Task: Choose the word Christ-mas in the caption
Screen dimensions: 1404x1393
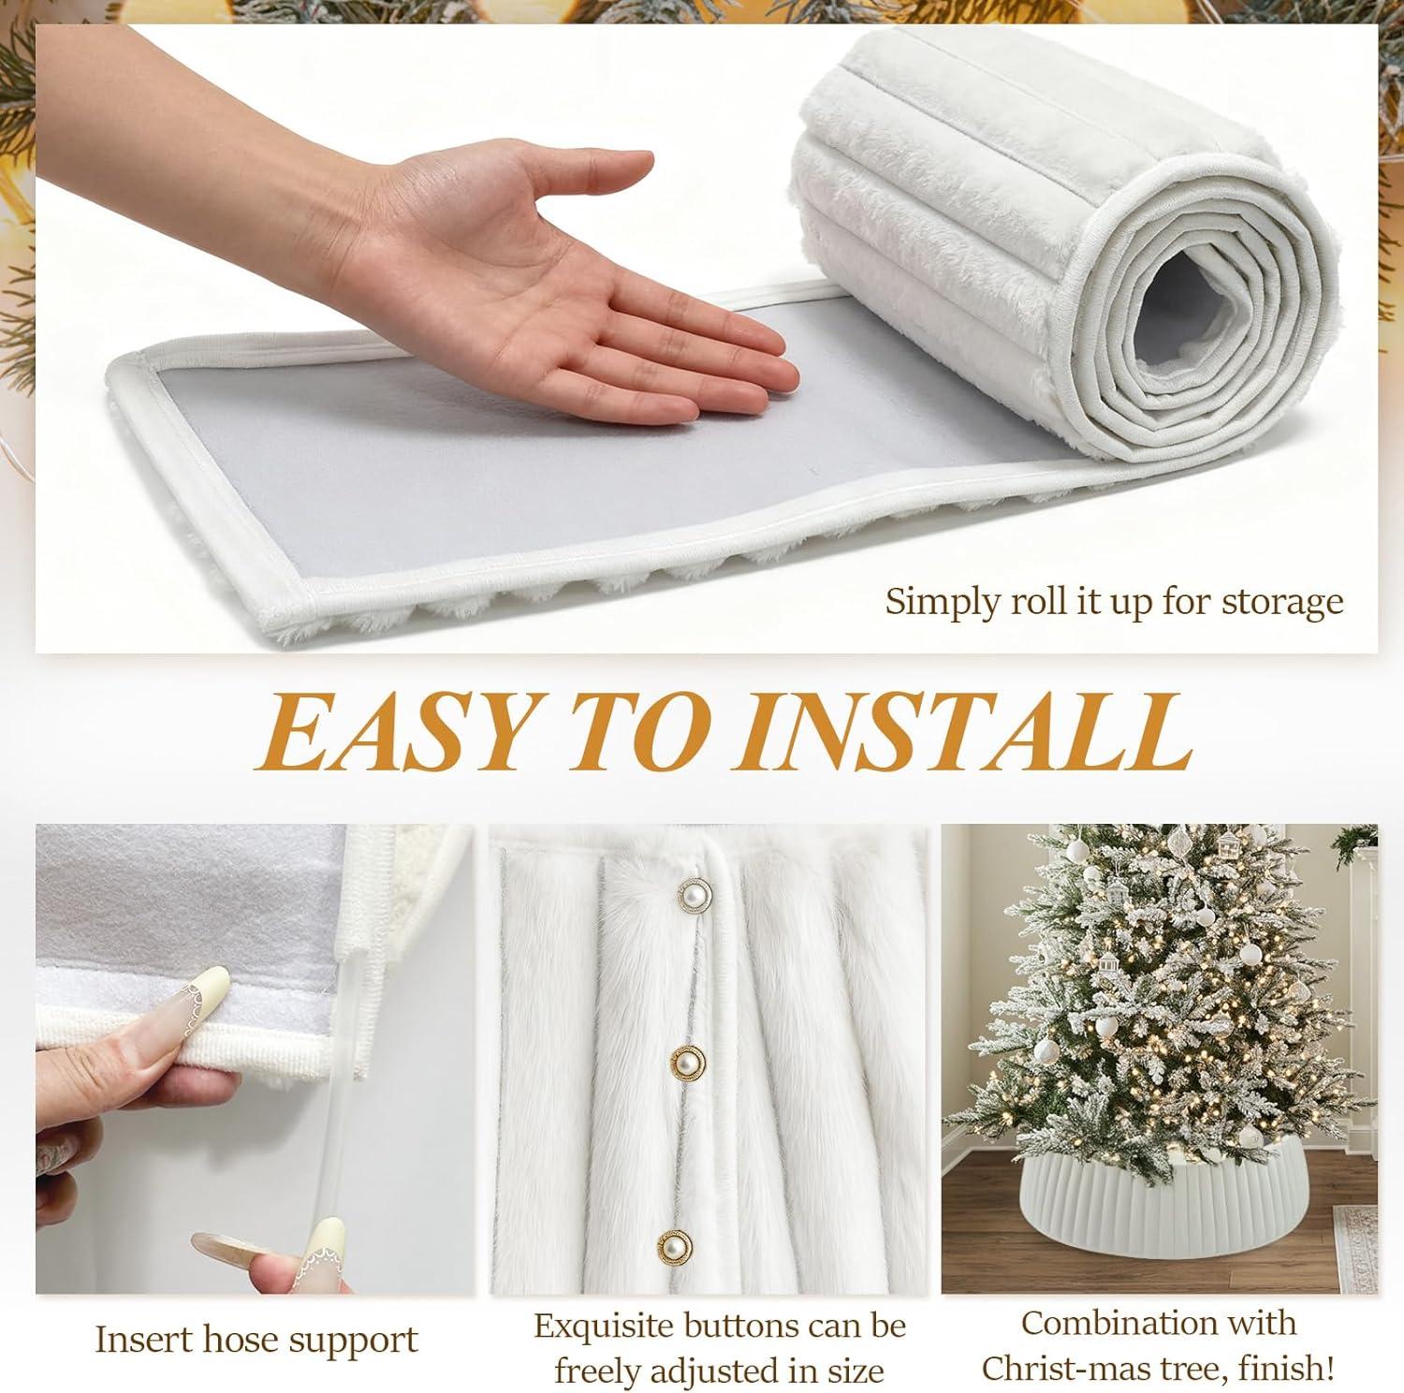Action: pyautogui.click(x=1069, y=1369)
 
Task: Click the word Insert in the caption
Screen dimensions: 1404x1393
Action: pyautogui.click(x=159, y=1340)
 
